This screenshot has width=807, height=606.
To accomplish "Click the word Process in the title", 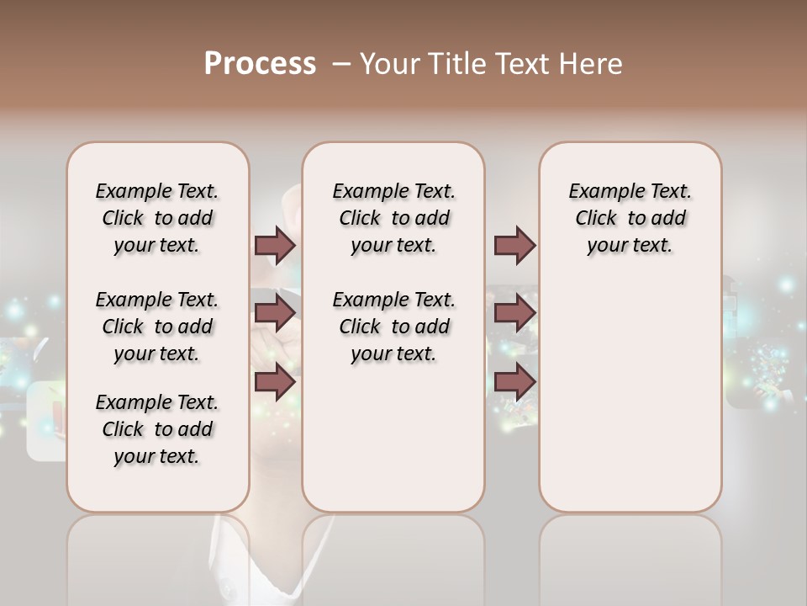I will [x=260, y=64].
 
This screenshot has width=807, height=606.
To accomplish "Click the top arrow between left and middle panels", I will [x=275, y=245].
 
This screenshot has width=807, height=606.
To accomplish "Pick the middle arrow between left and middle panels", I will [x=275, y=313].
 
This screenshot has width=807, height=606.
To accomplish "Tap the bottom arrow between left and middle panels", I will [x=275, y=381].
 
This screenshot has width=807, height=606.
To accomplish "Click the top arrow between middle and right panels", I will [x=514, y=245].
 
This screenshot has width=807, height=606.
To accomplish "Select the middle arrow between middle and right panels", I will [x=514, y=313].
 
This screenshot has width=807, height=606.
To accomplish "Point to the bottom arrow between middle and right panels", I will [x=514, y=381].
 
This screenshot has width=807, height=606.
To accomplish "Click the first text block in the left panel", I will [x=157, y=218].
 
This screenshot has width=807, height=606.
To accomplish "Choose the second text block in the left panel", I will [x=157, y=327].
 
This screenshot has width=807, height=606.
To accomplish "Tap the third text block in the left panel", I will [x=157, y=429].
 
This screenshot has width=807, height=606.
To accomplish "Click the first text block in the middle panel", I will [x=393, y=218].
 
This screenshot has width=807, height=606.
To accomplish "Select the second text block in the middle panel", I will [x=393, y=327].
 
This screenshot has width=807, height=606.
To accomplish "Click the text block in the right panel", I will [x=630, y=218].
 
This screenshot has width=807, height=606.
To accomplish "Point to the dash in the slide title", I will [x=342, y=64].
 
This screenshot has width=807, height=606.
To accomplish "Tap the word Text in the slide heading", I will [x=520, y=64].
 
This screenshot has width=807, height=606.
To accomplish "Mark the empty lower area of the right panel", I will [x=630, y=396].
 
